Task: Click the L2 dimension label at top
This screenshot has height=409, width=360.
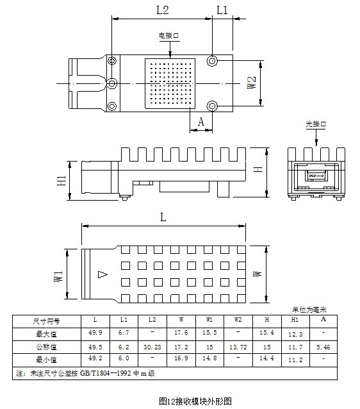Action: tap(163, 10)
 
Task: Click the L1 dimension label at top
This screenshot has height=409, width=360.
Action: tap(222, 10)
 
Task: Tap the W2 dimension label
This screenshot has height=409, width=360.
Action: tap(252, 83)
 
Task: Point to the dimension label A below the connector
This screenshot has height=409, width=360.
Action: tap(200, 122)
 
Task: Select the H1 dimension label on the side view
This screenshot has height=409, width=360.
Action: tap(61, 181)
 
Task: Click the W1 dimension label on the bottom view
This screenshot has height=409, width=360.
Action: tap(58, 276)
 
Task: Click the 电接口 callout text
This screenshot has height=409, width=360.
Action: tap(169, 35)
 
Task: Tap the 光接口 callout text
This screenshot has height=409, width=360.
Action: tap(316, 124)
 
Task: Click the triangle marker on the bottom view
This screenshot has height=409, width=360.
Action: tap(102, 274)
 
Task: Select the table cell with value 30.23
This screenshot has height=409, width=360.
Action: tap(152, 347)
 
